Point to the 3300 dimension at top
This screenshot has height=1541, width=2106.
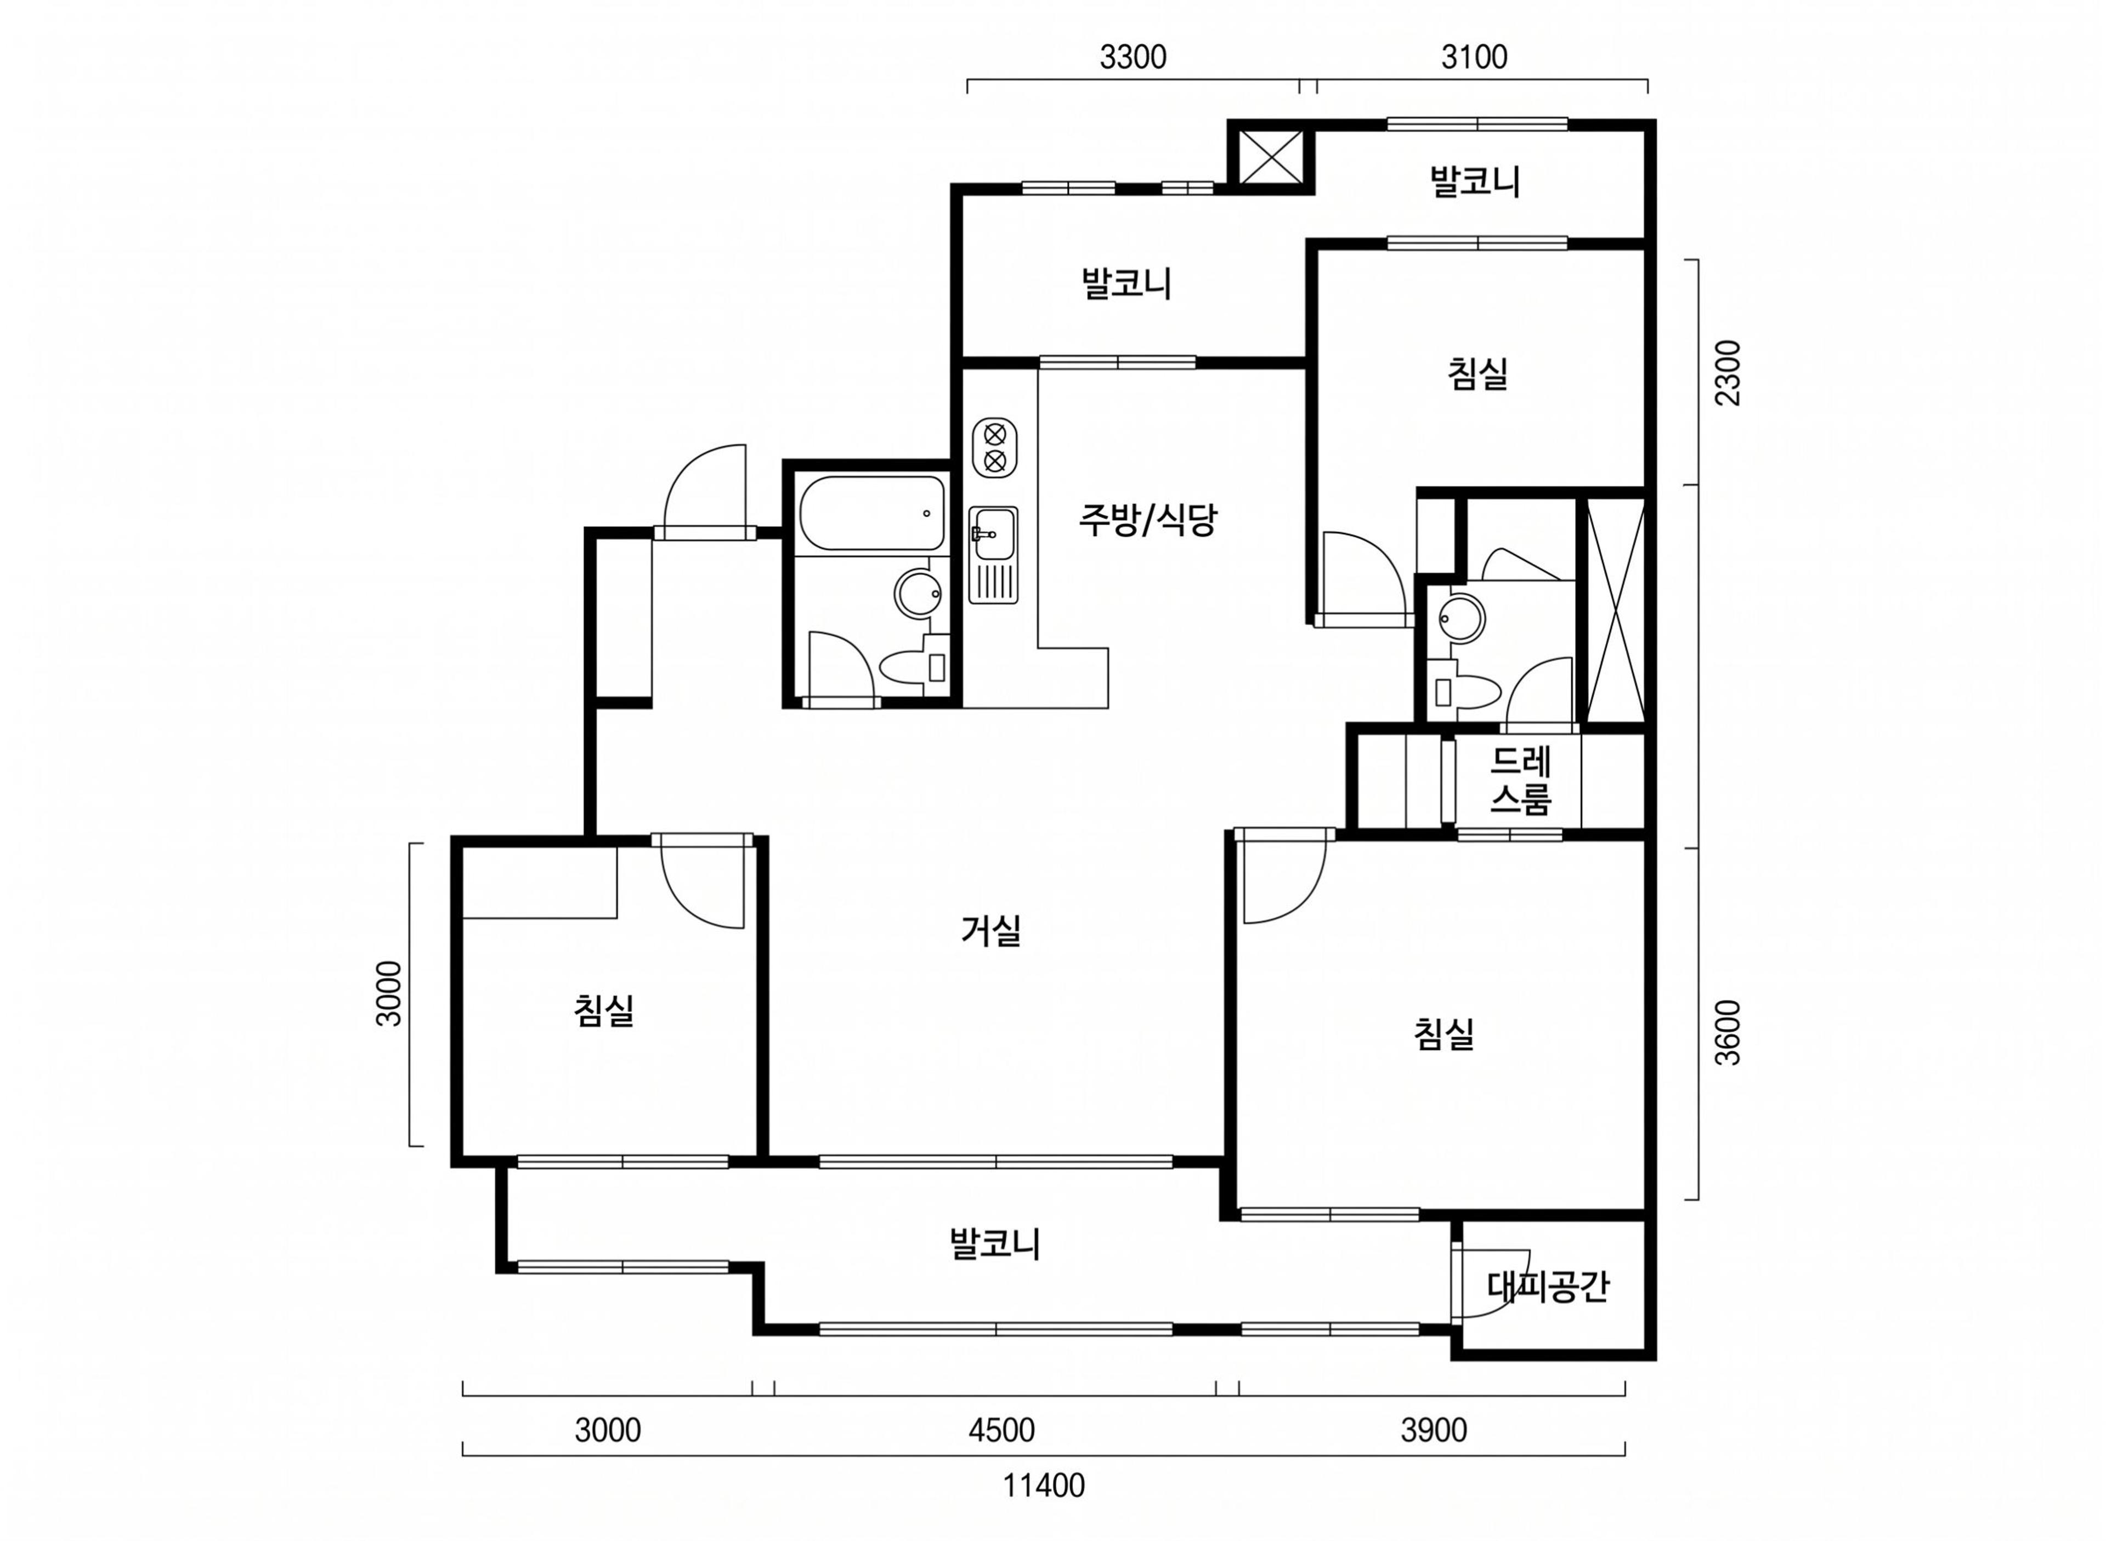click(1133, 58)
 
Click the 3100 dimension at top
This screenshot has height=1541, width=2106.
click(1474, 58)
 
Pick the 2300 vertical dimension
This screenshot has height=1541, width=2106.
click(1728, 373)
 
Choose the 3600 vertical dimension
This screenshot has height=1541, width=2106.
click(1728, 1033)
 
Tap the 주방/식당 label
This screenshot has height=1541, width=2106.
click(1148, 520)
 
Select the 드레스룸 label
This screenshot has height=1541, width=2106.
click(1520, 781)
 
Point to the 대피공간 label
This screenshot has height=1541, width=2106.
click(1548, 1287)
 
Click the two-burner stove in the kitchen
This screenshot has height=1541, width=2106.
click(995, 448)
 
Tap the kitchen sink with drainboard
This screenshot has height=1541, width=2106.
click(994, 555)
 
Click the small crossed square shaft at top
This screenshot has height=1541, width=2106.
click(1271, 158)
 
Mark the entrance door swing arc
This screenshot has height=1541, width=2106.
click(705, 486)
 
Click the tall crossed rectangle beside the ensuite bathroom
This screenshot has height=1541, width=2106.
click(1615, 611)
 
